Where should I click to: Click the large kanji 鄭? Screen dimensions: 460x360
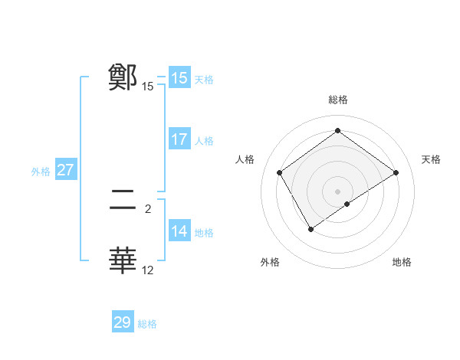pos(123,77)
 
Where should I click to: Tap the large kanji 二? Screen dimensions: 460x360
pos(123,201)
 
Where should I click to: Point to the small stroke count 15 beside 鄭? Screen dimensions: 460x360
pos(148,87)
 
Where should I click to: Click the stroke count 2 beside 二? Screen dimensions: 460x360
pos(148,208)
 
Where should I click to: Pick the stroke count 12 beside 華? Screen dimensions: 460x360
pos(148,270)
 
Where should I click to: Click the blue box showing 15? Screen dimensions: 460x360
pos(179,78)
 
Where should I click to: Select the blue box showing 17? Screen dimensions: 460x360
pos(179,139)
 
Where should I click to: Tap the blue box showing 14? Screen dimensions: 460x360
pos(179,231)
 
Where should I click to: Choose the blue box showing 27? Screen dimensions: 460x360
pos(65,170)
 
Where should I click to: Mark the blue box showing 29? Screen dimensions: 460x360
pos(123,322)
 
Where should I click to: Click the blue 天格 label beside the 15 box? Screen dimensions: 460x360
pos(204,80)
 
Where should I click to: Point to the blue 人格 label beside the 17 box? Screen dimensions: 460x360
pos(204,141)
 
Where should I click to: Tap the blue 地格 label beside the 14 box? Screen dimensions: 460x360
pos(204,233)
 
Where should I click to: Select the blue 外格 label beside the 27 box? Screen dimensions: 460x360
pos(41,172)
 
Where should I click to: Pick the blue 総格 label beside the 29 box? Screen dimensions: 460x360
pos(147,324)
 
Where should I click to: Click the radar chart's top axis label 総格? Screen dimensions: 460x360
pos(337,100)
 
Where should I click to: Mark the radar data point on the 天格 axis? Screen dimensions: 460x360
pos(396,172)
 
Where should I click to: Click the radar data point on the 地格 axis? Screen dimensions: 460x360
pos(347,204)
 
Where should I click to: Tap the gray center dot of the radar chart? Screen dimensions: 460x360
pos(337,191)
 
